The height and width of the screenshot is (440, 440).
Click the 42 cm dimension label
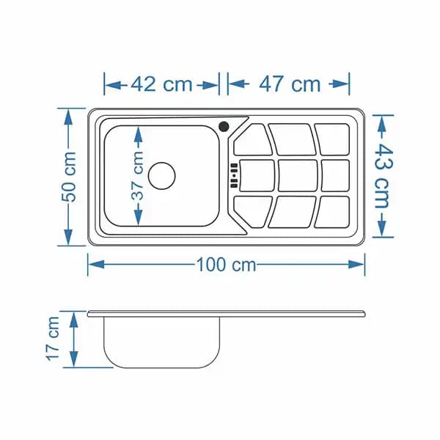pyautogui.click(x=161, y=84)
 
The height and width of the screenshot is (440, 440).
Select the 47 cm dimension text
pyautogui.click(x=290, y=84)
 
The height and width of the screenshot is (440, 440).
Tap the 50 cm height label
pyautogui.click(x=69, y=177)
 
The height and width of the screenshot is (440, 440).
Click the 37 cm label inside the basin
pyautogui.click(x=137, y=175)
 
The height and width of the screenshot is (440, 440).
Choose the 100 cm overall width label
pyautogui.click(x=226, y=265)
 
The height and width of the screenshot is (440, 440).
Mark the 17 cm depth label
pyautogui.click(x=53, y=338)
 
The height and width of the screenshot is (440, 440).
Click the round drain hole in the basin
pyautogui.click(x=162, y=176)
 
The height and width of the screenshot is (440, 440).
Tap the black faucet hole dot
pyautogui.click(x=224, y=127)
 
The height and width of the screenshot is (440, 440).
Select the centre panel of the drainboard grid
pyautogui.click(x=298, y=176)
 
